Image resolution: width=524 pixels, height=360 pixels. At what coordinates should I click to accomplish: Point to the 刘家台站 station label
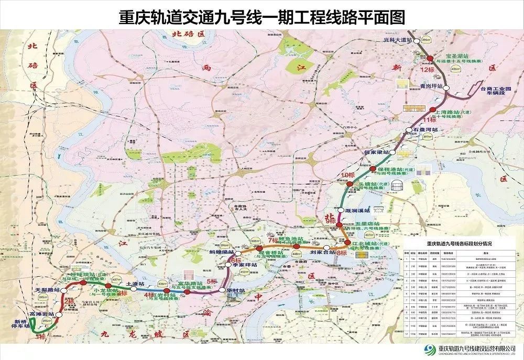[322, 253]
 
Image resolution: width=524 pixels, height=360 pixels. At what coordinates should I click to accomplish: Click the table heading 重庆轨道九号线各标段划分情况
[458, 244]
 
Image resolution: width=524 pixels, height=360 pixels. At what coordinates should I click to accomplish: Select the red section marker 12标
[421, 69]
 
